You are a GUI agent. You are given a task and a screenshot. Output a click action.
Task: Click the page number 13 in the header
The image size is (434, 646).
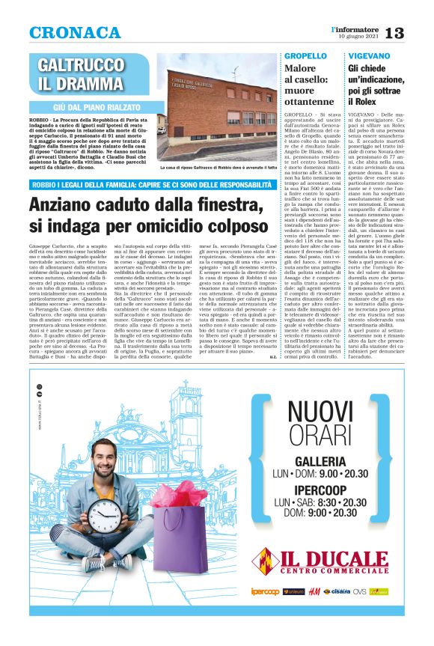click(395, 33)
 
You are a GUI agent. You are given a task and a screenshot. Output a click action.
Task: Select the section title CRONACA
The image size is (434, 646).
click(75, 33)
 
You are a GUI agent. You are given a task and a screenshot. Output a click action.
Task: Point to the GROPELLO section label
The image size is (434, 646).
click(305, 55)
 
